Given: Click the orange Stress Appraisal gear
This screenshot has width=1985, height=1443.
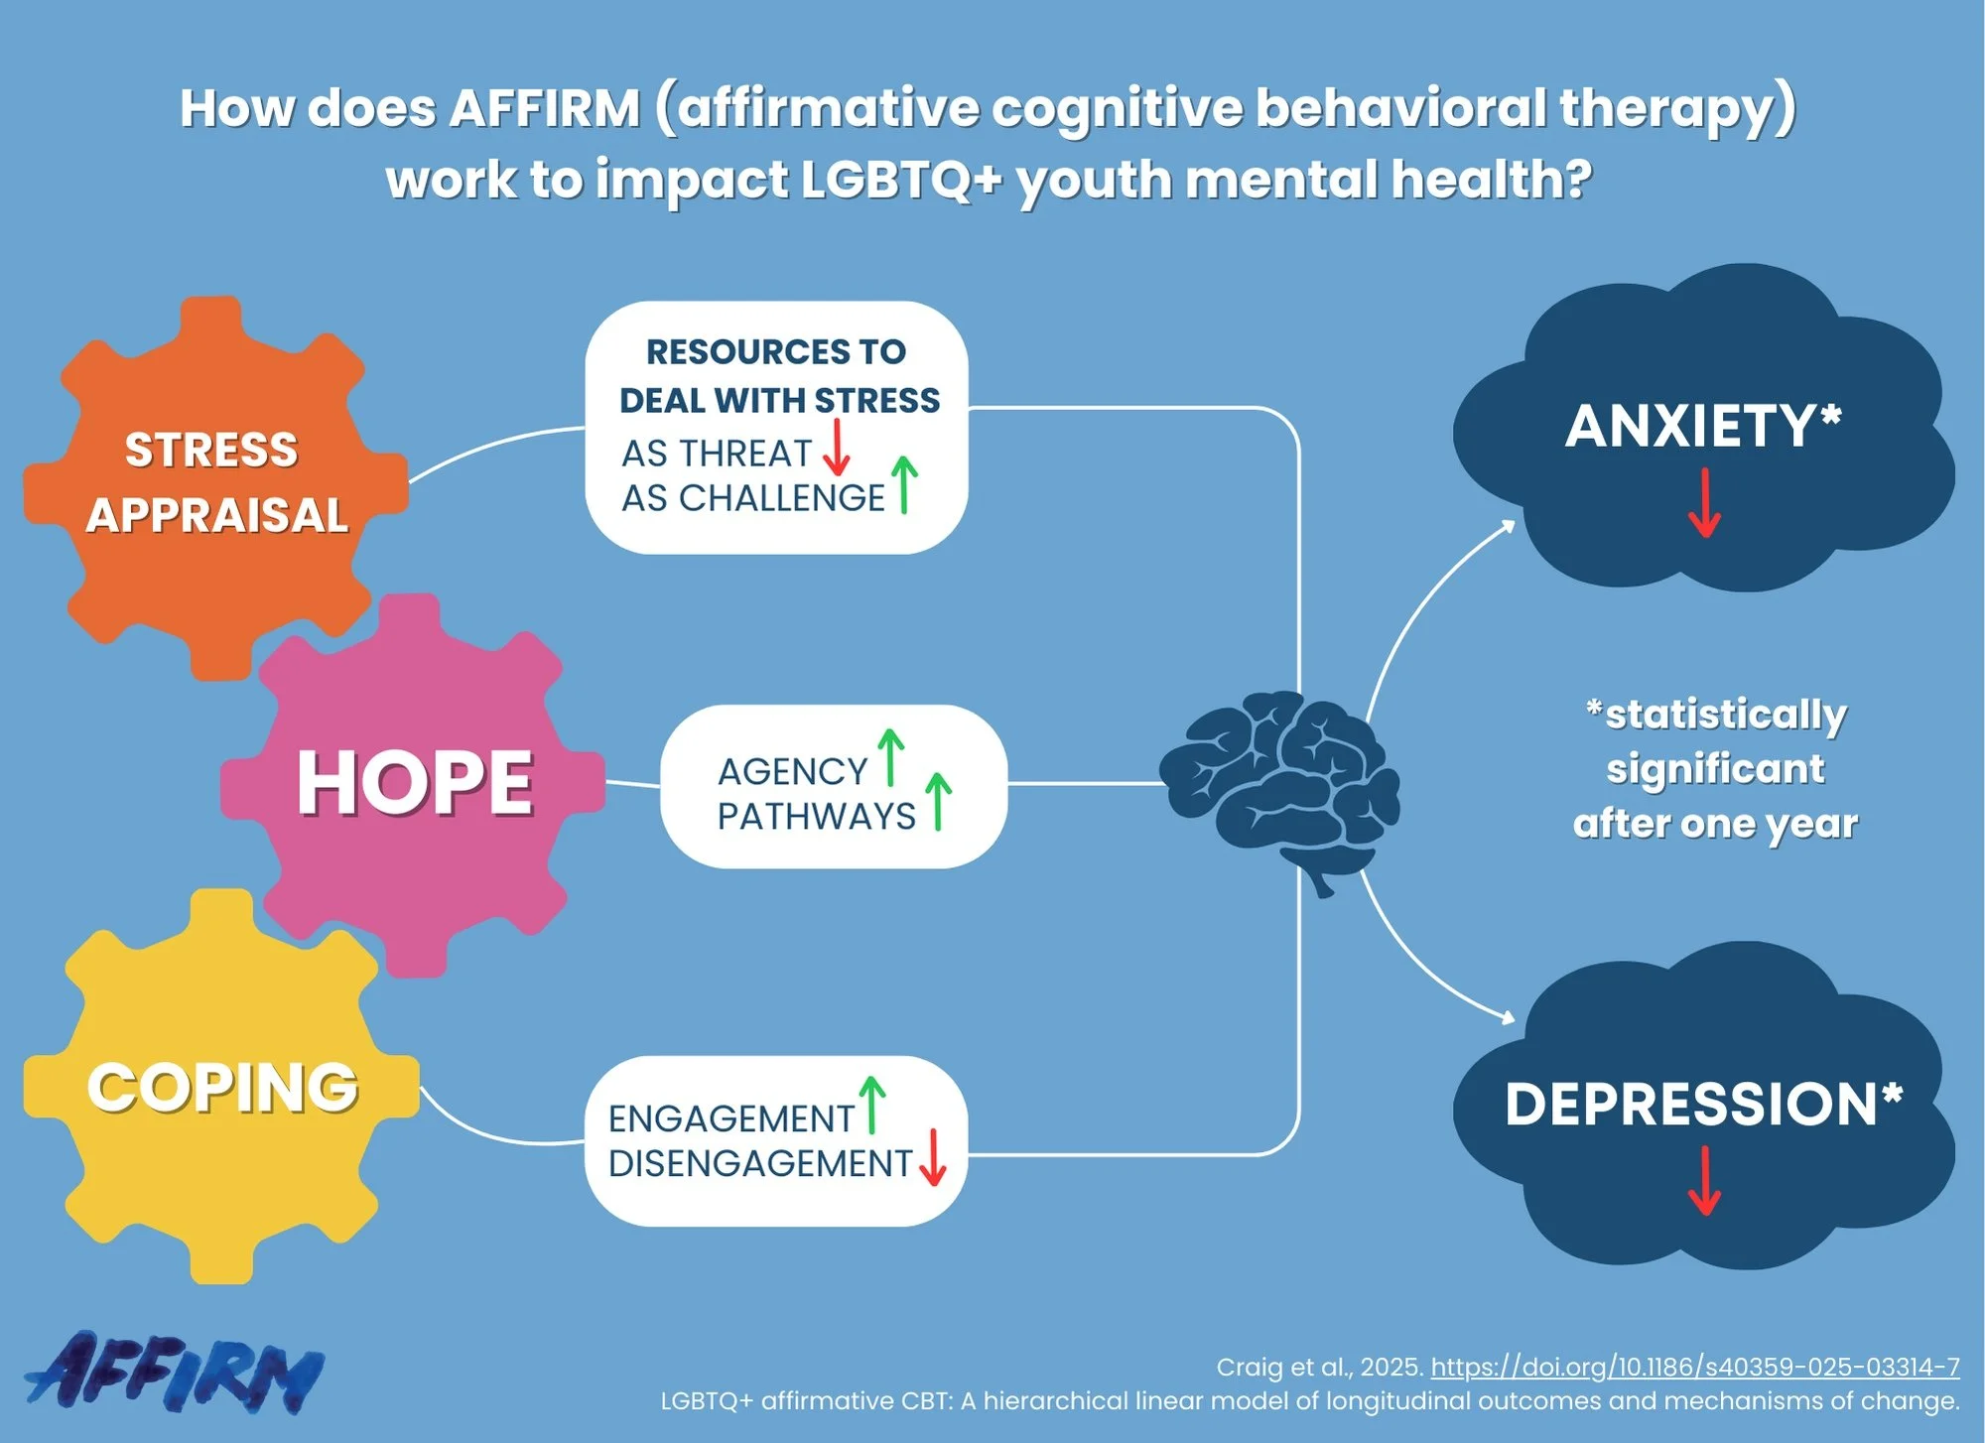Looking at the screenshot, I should [x=213, y=486].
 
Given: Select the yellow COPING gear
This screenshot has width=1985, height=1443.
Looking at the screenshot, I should [x=220, y=1087].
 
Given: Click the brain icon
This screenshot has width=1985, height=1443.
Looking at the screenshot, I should [x=1280, y=784].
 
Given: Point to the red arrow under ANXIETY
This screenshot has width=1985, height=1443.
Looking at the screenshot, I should [x=1704, y=503].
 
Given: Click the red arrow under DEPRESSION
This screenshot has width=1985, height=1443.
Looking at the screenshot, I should [x=1704, y=1181].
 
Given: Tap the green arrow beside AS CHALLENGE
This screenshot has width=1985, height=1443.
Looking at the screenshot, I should [x=903, y=484].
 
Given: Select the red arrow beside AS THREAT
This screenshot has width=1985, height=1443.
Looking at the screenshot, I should [x=837, y=449].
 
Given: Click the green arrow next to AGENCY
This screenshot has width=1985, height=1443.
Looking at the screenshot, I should [x=890, y=757].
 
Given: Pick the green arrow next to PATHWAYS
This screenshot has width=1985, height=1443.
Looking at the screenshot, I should [x=938, y=802].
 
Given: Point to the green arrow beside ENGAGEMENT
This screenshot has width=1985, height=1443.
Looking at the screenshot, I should [x=871, y=1105].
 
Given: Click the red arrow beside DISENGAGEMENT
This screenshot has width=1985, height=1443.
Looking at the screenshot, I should [x=932, y=1157].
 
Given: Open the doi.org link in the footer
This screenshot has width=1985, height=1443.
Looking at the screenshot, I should [x=1694, y=1367].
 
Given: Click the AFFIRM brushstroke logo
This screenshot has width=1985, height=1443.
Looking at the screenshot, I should [x=174, y=1373].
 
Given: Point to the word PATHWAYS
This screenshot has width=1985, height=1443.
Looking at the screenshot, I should [x=816, y=817].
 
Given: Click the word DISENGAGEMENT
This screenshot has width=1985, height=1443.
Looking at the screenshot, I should [x=759, y=1163].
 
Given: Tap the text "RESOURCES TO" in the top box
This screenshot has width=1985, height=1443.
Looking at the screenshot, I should [x=776, y=351].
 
